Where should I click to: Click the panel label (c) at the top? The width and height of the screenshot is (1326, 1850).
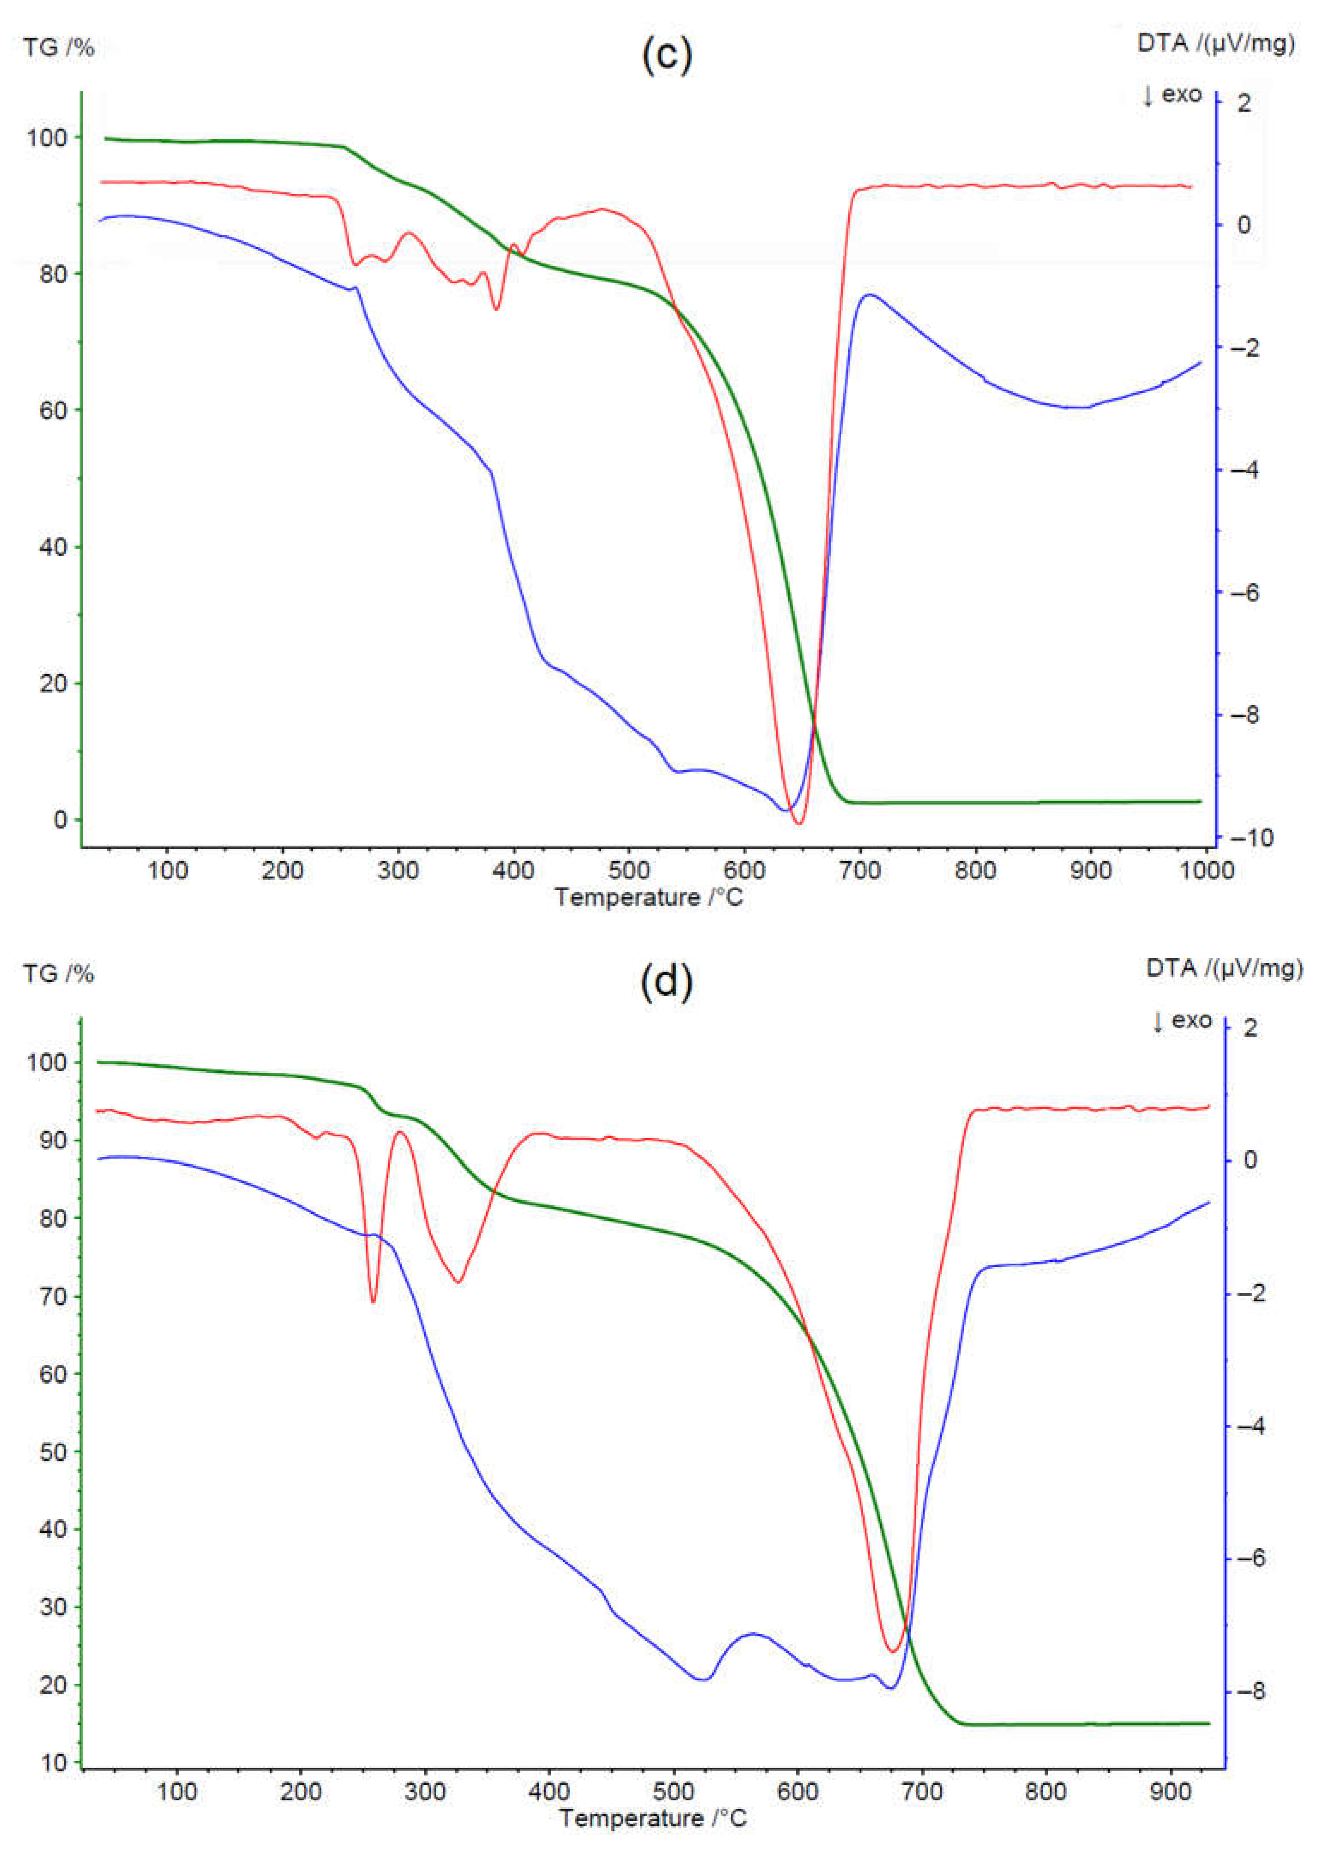point(666,55)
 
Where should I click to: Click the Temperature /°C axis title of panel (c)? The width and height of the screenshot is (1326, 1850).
point(649,897)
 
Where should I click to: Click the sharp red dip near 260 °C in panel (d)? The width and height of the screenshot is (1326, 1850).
point(373,1301)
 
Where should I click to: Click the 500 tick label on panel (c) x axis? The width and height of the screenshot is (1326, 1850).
point(629,870)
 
